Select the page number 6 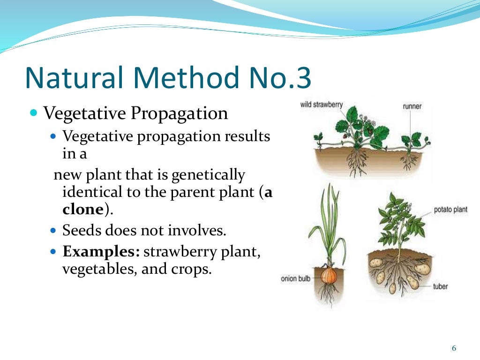453,348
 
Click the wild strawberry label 321,105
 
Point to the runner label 412,106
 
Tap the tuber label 440,286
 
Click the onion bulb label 295,279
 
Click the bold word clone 82,209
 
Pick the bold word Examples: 101,252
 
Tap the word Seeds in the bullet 81,231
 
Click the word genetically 209,175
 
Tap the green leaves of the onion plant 329,220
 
